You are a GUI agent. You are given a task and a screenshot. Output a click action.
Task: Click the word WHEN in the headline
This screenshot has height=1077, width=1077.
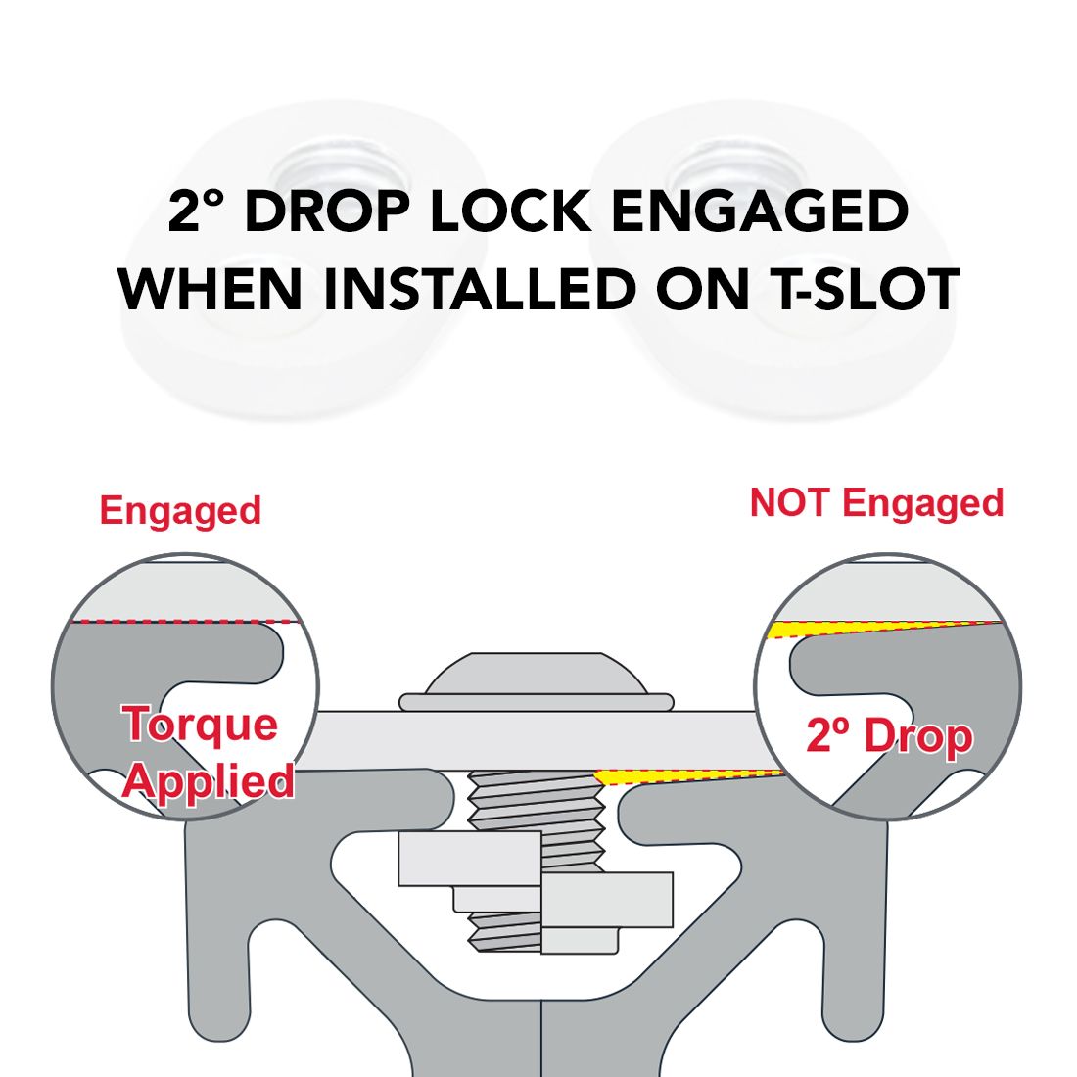pos(211,289)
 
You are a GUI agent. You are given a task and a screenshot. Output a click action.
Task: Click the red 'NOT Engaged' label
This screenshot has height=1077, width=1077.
pos(876,503)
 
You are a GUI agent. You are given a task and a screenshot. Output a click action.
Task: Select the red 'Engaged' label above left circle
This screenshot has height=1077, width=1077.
pos(181,510)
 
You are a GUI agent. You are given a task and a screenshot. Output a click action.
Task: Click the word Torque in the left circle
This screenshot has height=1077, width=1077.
pos(200,724)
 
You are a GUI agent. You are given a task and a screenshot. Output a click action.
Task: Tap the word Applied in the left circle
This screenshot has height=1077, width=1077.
pos(209,781)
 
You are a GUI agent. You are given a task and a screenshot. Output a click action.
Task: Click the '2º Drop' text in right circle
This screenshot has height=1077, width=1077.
pos(889,735)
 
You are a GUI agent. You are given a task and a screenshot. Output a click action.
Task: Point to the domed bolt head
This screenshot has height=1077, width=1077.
pos(536,674)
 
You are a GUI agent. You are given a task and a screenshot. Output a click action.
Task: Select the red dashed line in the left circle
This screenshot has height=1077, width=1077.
pos(184,622)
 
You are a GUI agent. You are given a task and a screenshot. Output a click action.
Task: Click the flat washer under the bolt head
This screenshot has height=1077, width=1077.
pos(536,702)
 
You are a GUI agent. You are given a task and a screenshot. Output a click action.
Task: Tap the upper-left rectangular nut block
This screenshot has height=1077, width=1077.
pos(470,859)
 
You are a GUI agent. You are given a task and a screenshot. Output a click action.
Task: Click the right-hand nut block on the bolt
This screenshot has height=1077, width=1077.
pos(606,900)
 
